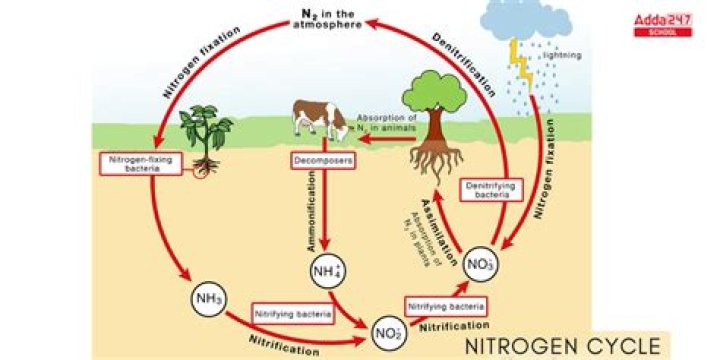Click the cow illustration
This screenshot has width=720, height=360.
[319, 116]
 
